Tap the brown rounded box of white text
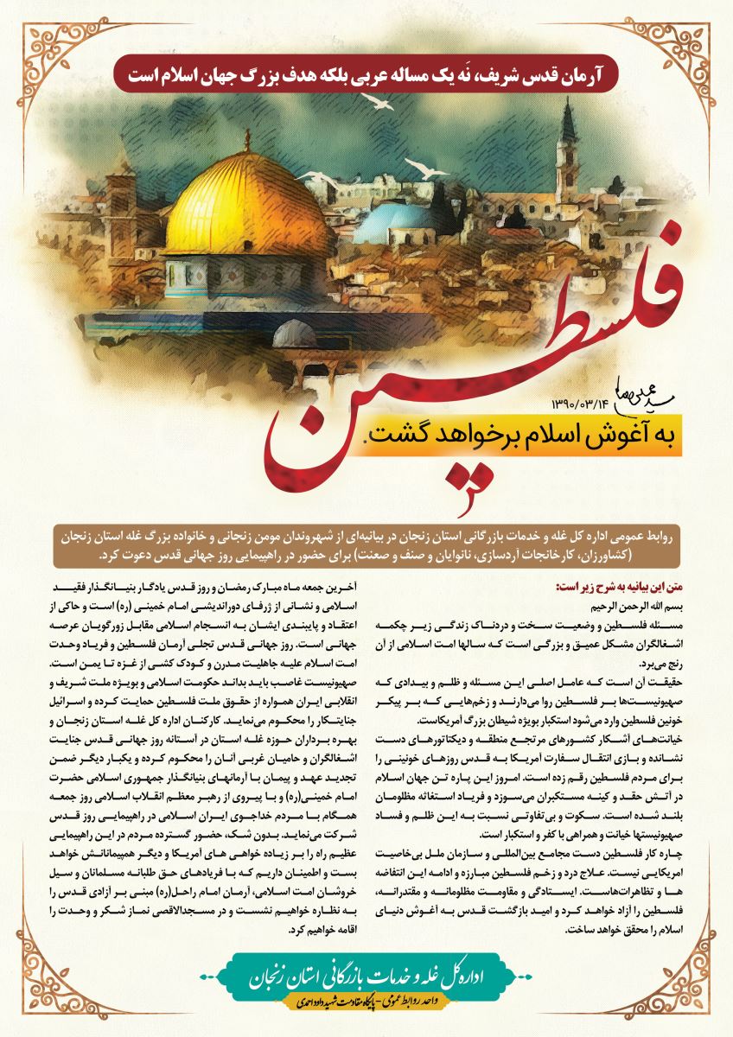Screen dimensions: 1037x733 (366, 544)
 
